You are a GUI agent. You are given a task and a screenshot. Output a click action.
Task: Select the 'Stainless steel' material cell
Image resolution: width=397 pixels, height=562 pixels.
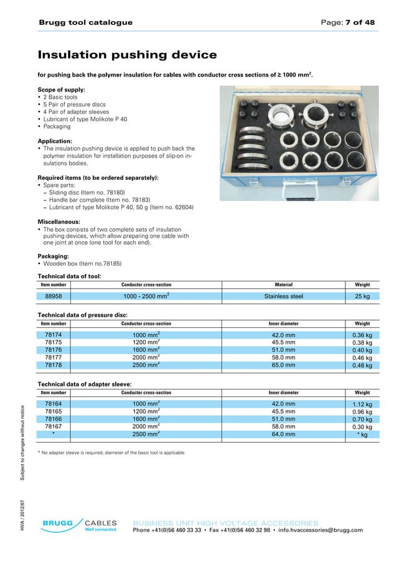(x=283, y=296)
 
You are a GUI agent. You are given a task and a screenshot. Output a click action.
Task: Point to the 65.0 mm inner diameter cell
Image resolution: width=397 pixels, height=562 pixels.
(x=283, y=365)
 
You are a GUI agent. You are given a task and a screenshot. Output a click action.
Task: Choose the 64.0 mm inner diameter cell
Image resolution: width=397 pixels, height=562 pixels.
(x=283, y=434)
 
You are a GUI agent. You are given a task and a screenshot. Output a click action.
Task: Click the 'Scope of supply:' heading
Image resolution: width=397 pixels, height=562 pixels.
(x=62, y=90)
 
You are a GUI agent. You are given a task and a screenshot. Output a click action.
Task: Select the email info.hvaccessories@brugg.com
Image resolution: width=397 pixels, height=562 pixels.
(x=320, y=530)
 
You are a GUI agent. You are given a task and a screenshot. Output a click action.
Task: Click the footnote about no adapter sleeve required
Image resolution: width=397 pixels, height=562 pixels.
(x=111, y=452)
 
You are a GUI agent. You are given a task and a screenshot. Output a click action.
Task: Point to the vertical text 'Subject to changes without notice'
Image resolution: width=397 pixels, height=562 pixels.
(x=22, y=442)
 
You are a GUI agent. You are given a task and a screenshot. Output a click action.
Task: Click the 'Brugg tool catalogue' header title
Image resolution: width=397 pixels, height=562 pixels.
(x=85, y=22)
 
